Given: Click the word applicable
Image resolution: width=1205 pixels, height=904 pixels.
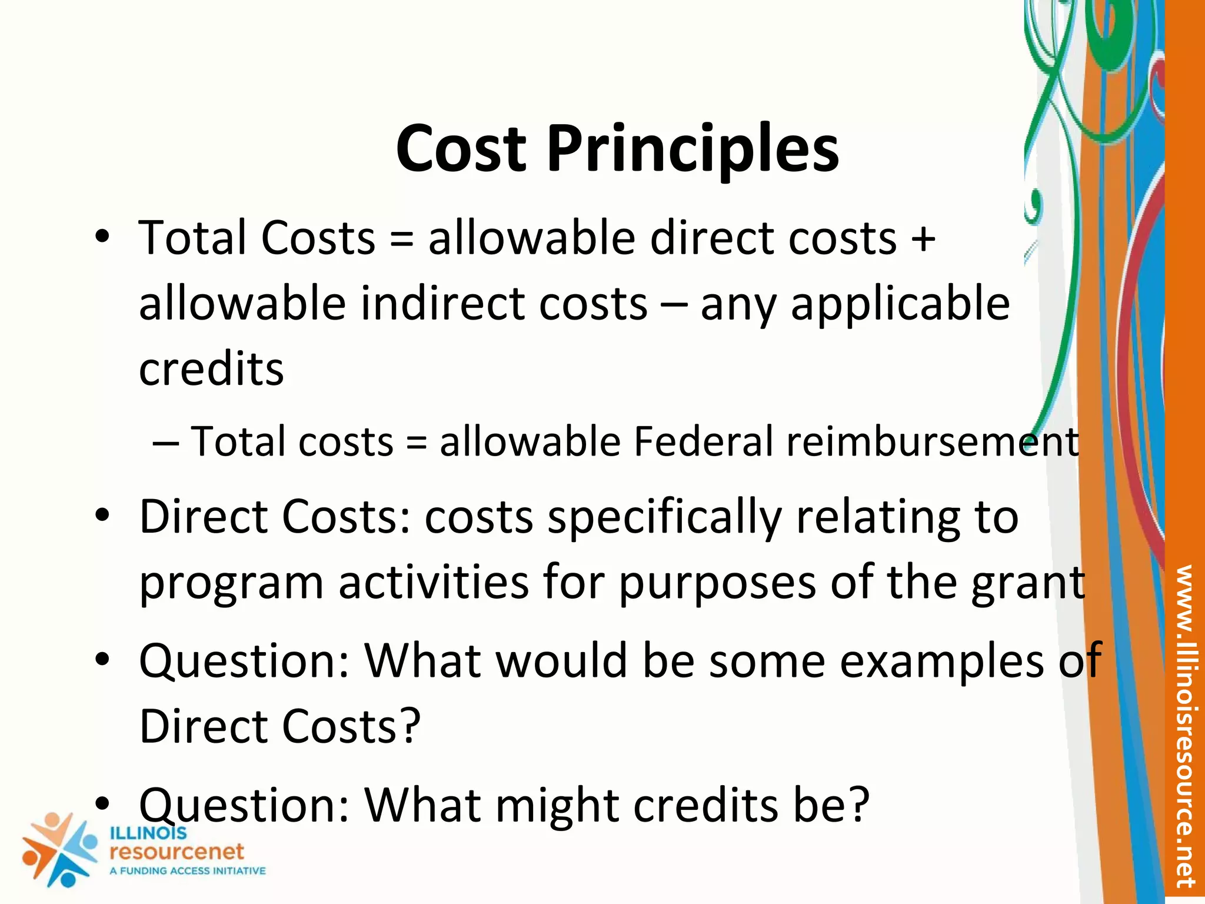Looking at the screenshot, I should (900, 304).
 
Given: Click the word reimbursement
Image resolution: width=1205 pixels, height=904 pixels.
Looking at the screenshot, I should (933, 441).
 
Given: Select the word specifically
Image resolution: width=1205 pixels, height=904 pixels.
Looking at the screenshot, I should (664, 517).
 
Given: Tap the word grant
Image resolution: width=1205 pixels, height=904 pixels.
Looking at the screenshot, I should (1028, 583).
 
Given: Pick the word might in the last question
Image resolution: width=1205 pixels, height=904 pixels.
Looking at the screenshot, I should (557, 805).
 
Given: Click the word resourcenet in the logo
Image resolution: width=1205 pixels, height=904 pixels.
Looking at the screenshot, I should (177, 852).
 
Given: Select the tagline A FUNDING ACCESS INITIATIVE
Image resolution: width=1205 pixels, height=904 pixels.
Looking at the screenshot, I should (188, 871).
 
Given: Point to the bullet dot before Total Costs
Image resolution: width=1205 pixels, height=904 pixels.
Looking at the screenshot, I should (102, 237).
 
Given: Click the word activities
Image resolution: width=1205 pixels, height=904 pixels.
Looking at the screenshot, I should (434, 583).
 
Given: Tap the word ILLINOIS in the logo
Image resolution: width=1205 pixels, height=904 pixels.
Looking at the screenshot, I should (148, 833).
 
